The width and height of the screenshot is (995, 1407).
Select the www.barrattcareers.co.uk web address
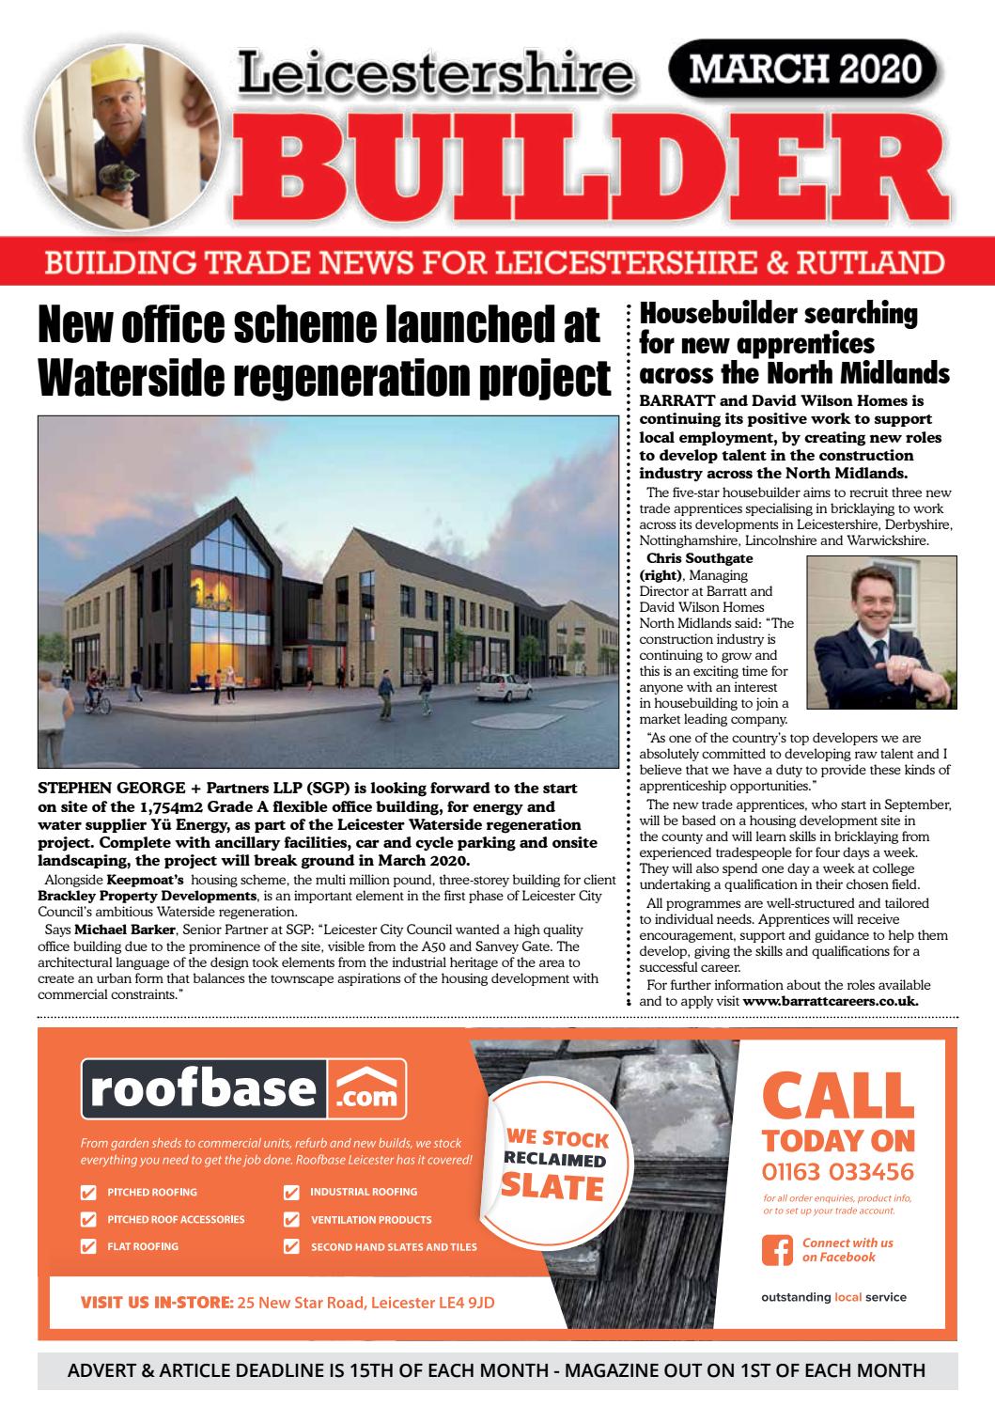(x=831, y=1002)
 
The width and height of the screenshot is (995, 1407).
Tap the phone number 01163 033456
(x=837, y=1172)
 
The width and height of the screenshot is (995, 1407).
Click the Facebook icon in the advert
(x=776, y=1249)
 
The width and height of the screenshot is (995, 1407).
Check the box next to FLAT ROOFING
(x=89, y=1246)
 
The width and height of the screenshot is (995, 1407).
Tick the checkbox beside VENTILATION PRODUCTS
(x=292, y=1220)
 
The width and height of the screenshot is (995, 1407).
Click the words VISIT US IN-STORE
(x=156, y=1303)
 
